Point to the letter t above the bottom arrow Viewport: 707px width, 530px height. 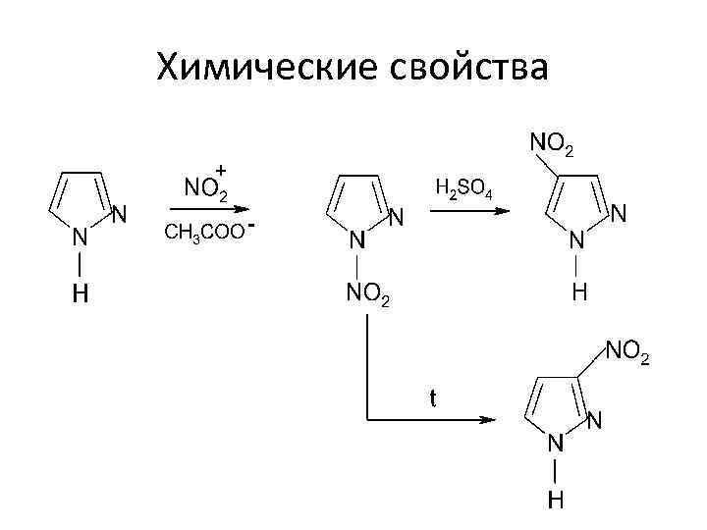(432, 398)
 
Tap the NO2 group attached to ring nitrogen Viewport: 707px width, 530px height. (367, 291)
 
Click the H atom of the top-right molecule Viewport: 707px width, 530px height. (579, 292)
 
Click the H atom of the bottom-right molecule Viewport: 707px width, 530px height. (556, 502)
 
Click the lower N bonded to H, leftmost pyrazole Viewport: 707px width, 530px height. (82, 238)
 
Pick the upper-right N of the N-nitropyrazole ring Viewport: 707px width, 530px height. (397, 217)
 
